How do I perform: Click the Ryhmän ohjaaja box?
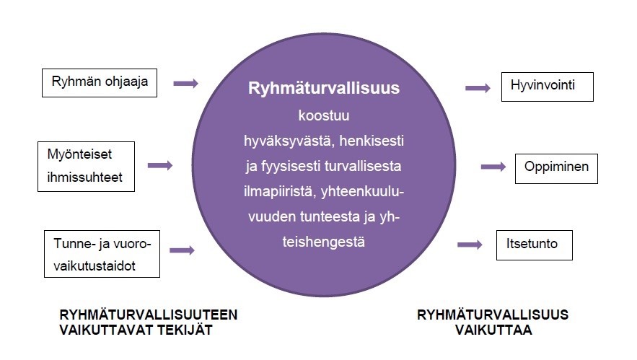coord(100,82)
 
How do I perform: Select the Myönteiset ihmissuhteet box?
coord(86,166)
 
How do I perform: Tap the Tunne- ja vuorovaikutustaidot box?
coord(100,255)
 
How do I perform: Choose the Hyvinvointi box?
coord(547,87)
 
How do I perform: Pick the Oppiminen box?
coord(556,167)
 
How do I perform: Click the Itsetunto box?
coord(535,245)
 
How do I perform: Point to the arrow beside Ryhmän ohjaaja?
coord(185,84)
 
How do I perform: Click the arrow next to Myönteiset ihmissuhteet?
coord(159,166)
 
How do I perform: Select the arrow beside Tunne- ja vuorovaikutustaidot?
coord(182,250)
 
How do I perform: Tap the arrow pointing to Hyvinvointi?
coord(478,88)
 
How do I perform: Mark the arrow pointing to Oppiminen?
coord(493,167)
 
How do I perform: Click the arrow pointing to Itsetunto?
coord(470,245)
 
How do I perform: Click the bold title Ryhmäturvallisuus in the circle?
coord(324,89)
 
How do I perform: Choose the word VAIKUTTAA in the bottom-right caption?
coord(493,330)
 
